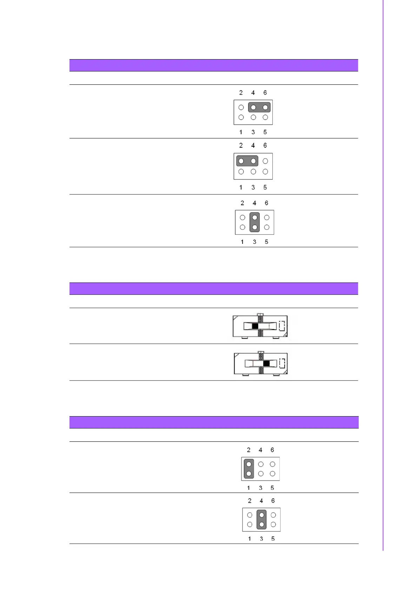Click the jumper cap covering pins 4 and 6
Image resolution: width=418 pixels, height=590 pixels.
259,107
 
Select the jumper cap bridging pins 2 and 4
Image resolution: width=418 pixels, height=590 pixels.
247,161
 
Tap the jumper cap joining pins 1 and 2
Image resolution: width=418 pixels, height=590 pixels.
248,469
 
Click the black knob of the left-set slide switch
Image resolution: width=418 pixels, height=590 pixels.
255,326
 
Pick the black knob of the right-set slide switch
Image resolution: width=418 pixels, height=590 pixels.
266,363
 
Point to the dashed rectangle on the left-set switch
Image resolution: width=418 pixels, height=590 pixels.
282,326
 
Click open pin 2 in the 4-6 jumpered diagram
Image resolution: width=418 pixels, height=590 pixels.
241,108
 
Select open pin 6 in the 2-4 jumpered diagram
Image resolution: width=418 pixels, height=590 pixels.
265,161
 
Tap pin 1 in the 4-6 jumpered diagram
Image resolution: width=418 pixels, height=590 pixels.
241,117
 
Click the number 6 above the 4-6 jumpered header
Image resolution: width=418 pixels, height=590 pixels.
265,92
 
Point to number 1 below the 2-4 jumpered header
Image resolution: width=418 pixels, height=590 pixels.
241,187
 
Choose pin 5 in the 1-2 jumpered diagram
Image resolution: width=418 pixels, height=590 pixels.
272,474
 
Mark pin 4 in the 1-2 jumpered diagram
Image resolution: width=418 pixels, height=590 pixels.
261,464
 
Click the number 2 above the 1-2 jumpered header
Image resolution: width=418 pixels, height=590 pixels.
248,450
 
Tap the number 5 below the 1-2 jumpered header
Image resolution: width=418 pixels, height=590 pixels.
272,488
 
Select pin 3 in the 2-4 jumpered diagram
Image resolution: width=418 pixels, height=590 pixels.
253,172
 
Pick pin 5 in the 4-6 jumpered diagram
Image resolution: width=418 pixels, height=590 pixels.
265,117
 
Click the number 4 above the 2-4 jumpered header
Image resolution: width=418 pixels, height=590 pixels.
253,145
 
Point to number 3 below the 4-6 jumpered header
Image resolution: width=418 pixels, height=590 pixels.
253,132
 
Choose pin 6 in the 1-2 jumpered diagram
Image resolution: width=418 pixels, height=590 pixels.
272,464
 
